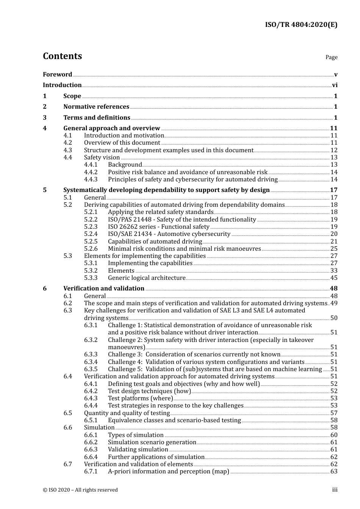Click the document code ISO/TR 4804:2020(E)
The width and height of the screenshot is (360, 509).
(x=301, y=25)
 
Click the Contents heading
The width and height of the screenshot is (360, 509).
(x=62, y=56)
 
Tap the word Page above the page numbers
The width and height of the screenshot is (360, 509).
(x=331, y=57)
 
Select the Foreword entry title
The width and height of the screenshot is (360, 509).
(x=57, y=75)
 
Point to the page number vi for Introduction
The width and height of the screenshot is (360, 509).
(x=335, y=85)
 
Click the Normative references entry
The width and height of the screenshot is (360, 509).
(x=96, y=107)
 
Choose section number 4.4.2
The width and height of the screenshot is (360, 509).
(x=91, y=172)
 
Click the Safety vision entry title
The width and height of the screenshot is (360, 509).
(x=102, y=158)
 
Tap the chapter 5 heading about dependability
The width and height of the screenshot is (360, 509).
(x=166, y=190)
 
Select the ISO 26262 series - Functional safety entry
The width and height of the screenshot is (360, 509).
(x=158, y=227)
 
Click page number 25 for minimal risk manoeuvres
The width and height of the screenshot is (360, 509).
(x=334, y=249)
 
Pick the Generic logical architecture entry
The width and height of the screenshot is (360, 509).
(x=147, y=278)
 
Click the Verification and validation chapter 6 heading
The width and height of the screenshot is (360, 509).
(x=104, y=289)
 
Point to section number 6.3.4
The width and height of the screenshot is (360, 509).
(x=91, y=362)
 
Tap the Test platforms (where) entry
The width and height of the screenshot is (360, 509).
(x=140, y=398)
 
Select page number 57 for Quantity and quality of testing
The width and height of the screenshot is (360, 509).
(x=334, y=413)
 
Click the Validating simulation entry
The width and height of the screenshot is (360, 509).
(x=138, y=450)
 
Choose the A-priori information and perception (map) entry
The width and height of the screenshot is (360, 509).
(x=169, y=472)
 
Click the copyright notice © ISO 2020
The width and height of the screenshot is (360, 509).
(x=80, y=490)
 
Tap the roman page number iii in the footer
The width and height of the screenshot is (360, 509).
(x=335, y=490)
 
